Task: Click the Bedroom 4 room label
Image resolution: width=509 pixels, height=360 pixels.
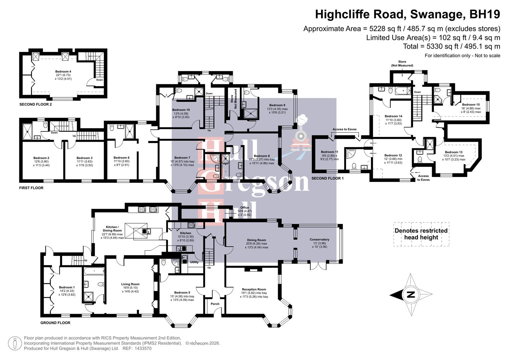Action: click(x=63, y=71)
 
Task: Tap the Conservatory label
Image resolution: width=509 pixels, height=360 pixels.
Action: click(x=319, y=239)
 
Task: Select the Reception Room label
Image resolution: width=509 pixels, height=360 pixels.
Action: click(x=254, y=289)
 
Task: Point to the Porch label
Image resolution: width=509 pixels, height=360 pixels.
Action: click(x=215, y=304)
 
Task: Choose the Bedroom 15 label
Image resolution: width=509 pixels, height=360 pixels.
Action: click(x=471, y=105)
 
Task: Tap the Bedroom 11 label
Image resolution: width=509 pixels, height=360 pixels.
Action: click(x=329, y=152)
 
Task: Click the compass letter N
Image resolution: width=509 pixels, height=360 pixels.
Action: click(x=411, y=295)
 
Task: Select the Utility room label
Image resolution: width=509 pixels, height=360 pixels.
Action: click(x=194, y=262)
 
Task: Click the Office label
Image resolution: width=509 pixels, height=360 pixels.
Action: click(x=244, y=208)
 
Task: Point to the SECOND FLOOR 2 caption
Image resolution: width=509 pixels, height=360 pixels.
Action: click(x=36, y=104)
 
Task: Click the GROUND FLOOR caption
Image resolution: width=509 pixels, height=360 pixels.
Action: click(x=55, y=323)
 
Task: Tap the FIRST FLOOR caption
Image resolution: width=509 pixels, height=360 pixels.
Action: click(x=31, y=188)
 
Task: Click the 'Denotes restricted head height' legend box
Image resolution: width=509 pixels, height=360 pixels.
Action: click(x=421, y=234)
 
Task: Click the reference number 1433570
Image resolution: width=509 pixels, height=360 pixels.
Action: click(x=142, y=348)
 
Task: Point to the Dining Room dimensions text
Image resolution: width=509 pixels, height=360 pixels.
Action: click(x=256, y=245)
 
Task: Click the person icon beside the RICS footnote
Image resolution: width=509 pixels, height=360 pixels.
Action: click(x=15, y=343)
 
